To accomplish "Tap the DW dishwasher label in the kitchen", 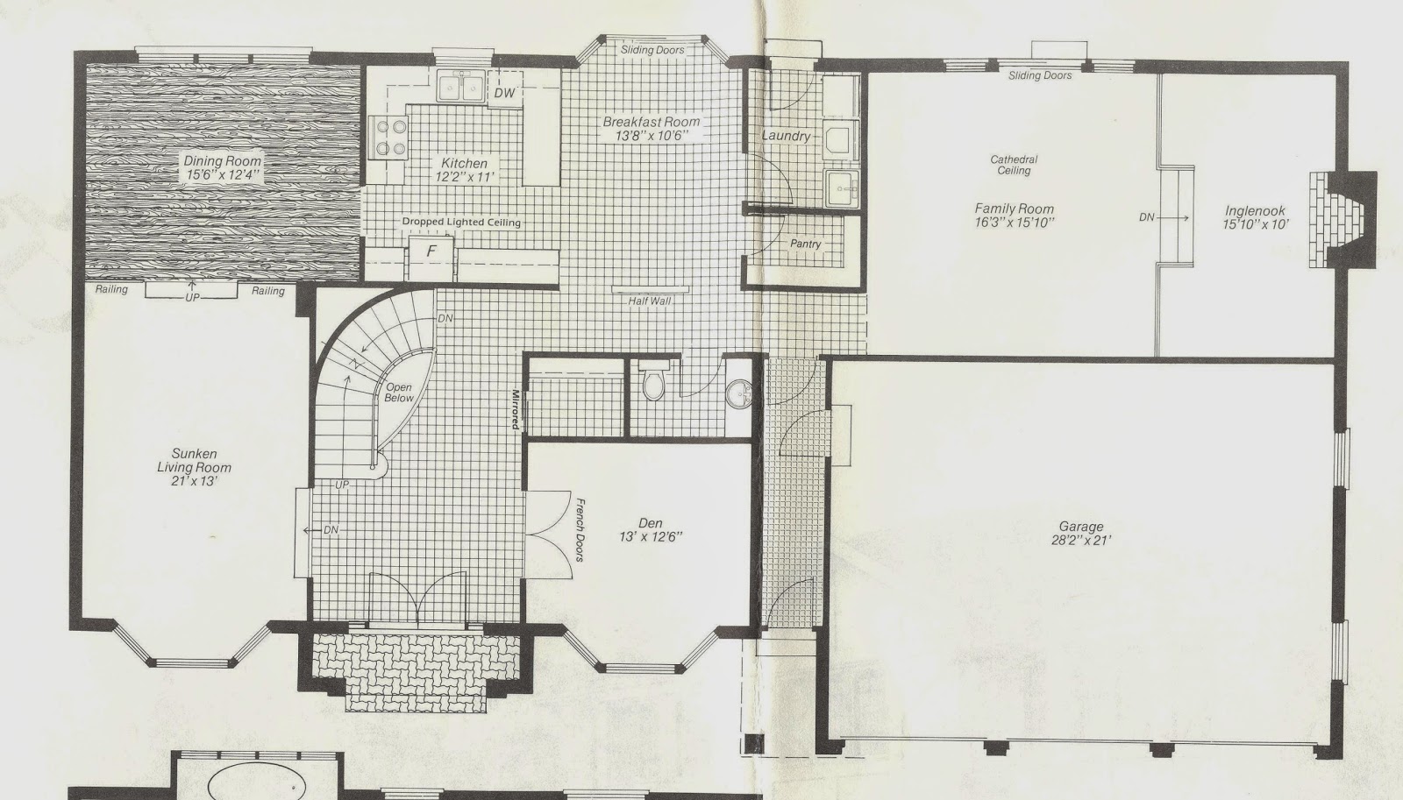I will pyautogui.click(x=503, y=92).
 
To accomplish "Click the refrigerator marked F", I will pyautogui.click(x=431, y=251).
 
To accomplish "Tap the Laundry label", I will pyautogui.click(x=786, y=136).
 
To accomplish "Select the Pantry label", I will pyautogui.click(x=805, y=244).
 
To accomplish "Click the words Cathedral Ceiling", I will pyautogui.click(x=1014, y=166).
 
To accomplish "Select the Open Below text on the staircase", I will pyautogui.click(x=399, y=393).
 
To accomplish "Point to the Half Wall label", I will pyautogui.click(x=650, y=301).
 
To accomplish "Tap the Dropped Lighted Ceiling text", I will pyautogui.click(x=461, y=223).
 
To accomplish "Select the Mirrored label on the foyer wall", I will pyautogui.click(x=516, y=409).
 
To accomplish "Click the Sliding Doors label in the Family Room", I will pyautogui.click(x=1040, y=75).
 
